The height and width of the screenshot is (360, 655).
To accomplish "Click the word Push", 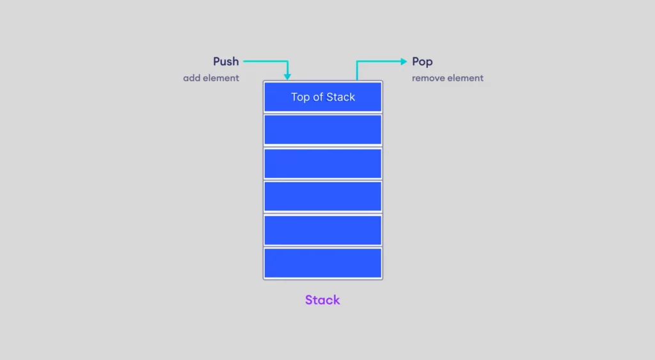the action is tap(226, 61).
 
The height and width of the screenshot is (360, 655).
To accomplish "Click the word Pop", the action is tap(422, 62).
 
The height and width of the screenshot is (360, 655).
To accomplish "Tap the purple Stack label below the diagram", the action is tap(322, 300).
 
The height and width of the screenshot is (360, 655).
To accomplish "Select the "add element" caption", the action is tap(211, 78).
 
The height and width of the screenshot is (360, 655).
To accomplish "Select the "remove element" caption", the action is tap(447, 78).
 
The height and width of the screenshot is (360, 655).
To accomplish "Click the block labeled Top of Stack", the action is tap(323, 97).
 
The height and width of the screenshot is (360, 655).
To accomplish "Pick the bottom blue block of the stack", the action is tap(323, 263).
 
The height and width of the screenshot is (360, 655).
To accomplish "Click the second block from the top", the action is tap(323, 130).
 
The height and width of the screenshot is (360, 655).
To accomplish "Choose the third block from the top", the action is tap(323, 163).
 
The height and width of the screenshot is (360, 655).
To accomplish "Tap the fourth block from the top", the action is tap(323, 196).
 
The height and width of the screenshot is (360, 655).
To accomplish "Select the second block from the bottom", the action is tap(323, 230).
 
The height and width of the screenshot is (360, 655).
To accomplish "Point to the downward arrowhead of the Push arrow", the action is tap(287, 77).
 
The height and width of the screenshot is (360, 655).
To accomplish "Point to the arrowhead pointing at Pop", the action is tap(404, 61).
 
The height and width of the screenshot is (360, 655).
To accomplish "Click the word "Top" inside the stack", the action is tap(300, 97).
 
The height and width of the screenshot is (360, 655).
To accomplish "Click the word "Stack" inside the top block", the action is tap(340, 97).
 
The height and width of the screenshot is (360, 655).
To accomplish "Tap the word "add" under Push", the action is tap(191, 78).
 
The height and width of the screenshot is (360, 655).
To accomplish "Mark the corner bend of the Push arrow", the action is tap(287, 61).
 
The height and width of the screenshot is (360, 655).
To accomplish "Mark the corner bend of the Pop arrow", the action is tap(357, 61).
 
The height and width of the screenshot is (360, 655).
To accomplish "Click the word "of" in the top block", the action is tap(317, 97).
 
